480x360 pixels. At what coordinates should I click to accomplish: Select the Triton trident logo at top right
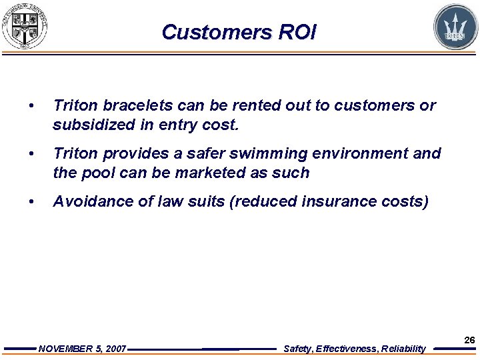[x=455, y=27]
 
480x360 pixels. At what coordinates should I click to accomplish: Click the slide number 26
[x=469, y=340]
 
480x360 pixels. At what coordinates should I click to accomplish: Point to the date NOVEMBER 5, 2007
[x=83, y=349]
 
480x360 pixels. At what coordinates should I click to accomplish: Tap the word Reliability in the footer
[x=403, y=349]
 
